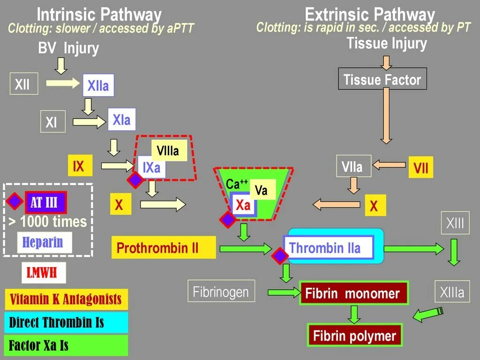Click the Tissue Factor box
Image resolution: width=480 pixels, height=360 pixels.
point(382,79)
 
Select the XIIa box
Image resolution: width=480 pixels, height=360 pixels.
point(98,85)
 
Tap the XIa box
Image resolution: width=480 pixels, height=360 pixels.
point(121,120)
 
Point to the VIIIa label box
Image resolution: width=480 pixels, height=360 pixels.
point(169,151)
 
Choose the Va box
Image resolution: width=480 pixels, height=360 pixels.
point(262,190)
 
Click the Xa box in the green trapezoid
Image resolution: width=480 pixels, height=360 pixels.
point(243,205)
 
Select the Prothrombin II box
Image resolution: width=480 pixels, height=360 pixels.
point(163,247)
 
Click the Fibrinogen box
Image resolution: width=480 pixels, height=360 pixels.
point(221,292)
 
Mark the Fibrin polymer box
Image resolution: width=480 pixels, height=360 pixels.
point(354,336)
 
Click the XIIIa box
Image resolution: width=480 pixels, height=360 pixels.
point(452,292)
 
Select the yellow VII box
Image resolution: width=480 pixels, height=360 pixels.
point(420,168)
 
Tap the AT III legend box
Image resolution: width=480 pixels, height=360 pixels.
point(45,202)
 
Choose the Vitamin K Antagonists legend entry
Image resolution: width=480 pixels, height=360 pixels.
point(66,299)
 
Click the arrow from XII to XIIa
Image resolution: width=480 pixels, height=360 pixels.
point(64,84)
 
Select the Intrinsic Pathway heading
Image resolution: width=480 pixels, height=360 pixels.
point(99,15)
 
